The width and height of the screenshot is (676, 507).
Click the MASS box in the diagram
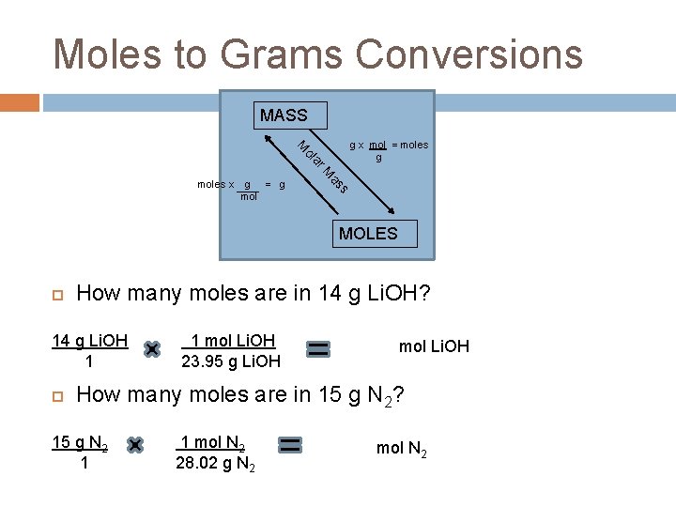284,115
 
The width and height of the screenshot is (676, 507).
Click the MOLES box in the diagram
368,234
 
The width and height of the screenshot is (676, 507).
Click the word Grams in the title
264,54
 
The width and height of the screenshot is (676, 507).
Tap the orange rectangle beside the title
20,101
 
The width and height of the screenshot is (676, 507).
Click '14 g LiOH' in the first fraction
89,340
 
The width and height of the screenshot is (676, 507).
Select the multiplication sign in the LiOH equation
151,349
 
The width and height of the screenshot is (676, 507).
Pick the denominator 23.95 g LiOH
230,361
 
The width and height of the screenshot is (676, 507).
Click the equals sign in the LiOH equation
318,349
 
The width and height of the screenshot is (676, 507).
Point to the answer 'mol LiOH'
434,347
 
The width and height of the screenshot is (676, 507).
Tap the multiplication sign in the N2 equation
134,444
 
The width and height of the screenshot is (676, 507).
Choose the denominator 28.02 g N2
215,462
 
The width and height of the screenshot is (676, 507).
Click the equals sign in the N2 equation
290,444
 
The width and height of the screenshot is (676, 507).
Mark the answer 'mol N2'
402,449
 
